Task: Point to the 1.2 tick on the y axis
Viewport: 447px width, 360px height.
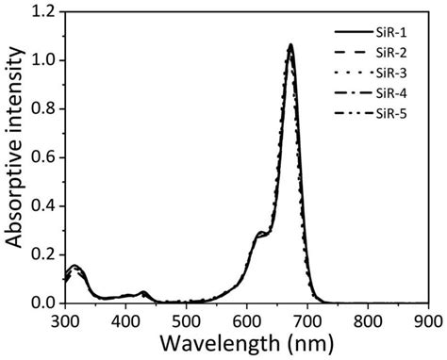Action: (44, 11)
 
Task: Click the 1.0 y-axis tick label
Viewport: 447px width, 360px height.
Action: (44, 60)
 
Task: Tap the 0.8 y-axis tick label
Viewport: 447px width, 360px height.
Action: (44, 108)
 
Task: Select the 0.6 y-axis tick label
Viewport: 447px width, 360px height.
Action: (44, 157)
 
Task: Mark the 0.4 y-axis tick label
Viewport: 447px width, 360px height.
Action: (44, 205)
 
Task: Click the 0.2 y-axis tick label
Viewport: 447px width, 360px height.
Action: (44, 254)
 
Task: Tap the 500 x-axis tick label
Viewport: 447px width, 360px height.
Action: (187, 319)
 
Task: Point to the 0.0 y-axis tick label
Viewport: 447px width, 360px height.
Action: (44, 303)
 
